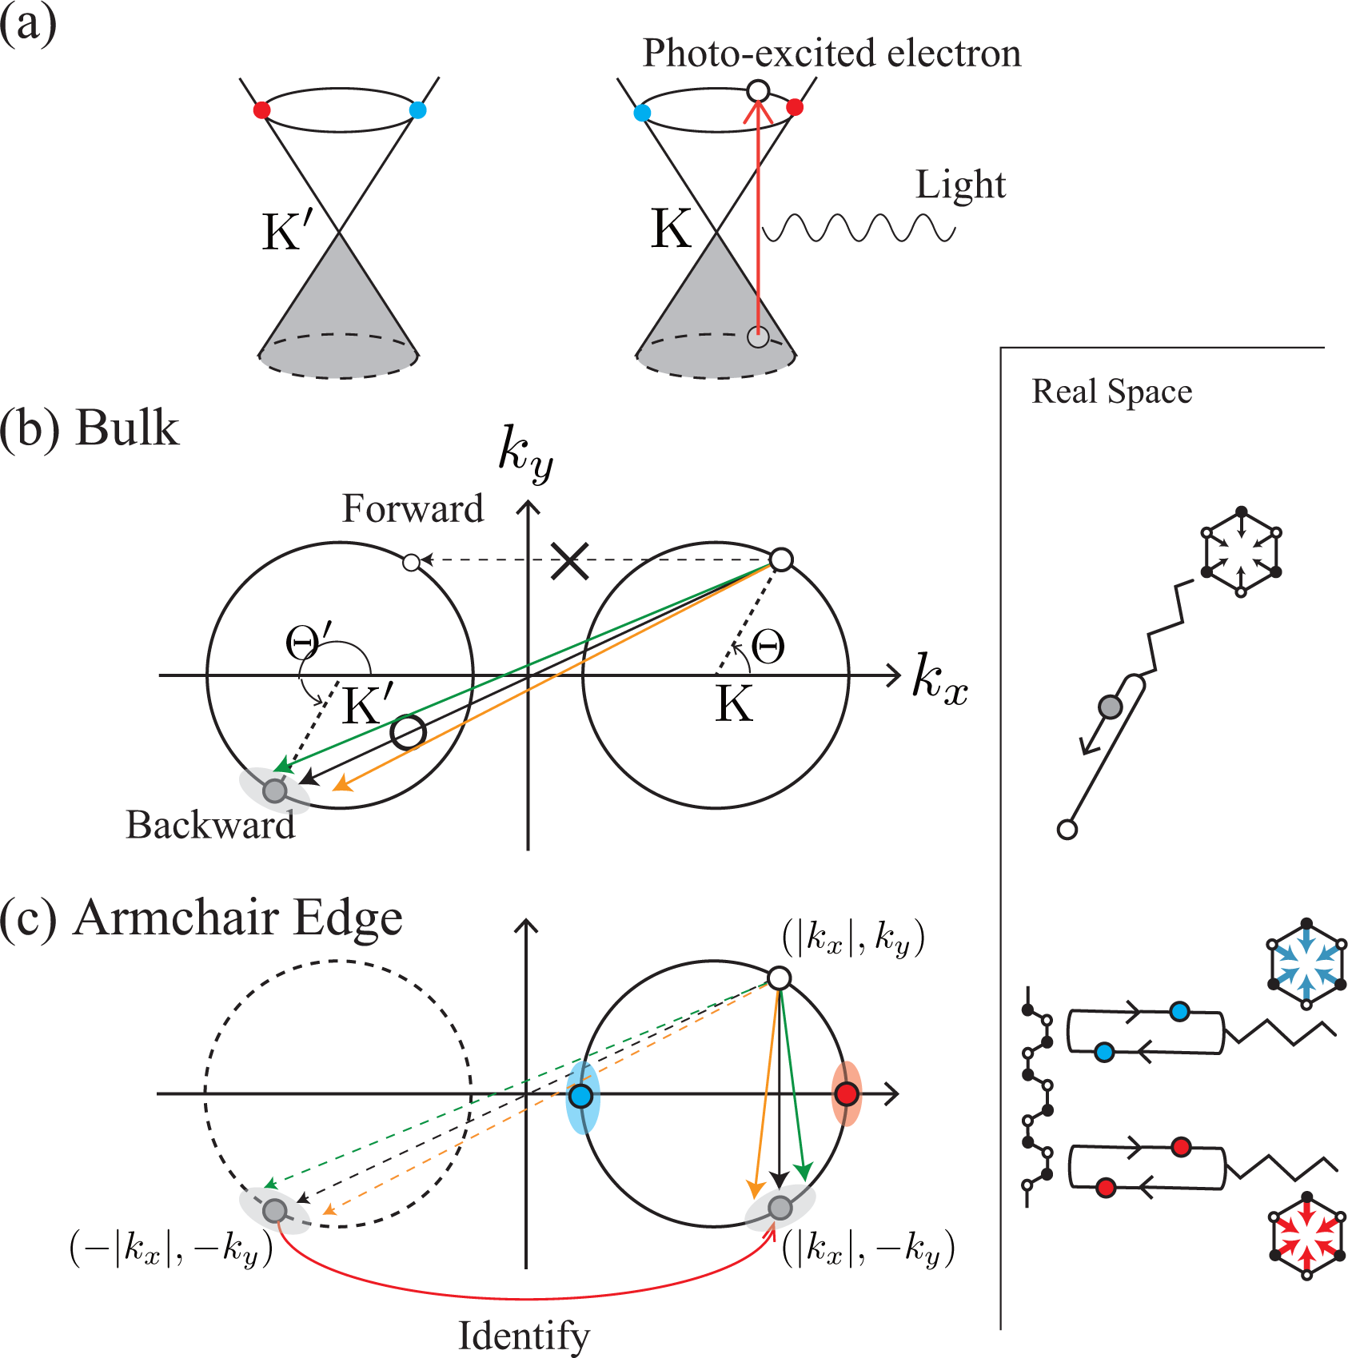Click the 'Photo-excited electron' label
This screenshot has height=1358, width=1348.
click(832, 54)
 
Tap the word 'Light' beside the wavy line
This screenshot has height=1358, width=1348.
click(960, 185)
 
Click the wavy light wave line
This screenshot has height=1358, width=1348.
click(859, 229)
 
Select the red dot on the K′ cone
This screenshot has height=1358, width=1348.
click(261, 110)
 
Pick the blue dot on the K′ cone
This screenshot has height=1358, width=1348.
click(417, 110)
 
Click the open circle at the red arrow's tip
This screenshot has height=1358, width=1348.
click(758, 91)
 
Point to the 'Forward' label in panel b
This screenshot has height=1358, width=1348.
click(413, 508)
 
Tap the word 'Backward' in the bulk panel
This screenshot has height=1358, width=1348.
click(210, 825)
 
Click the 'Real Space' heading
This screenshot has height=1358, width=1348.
click(1111, 392)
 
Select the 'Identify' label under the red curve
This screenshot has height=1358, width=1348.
click(524, 1336)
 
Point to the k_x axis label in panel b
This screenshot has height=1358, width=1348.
click(940, 680)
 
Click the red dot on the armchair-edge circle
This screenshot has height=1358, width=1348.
click(846, 1093)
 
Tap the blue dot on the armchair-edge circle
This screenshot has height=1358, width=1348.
click(581, 1096)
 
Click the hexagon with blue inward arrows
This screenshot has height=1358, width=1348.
click(1306, 964)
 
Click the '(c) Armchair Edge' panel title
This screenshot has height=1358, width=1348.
click(201, 918)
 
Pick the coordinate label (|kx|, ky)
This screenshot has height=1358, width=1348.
click(853, 938)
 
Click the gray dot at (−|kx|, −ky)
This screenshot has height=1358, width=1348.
click(274, 1210)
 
